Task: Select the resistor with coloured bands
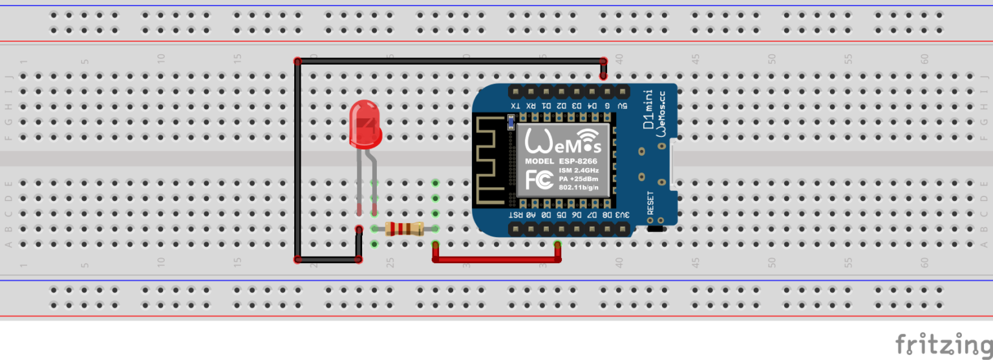pyautogui.click(x=404, y=228)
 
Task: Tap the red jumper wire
pyautogui.click(x=496, y=259)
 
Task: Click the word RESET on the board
pyautogui.click(x=650, y=203)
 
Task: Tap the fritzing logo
pyautogui.click(x=943, y=344)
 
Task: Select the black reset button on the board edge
pyautogui.click(x=656, y=228)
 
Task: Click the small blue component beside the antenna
pyautogui.click(x=511, y=120)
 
